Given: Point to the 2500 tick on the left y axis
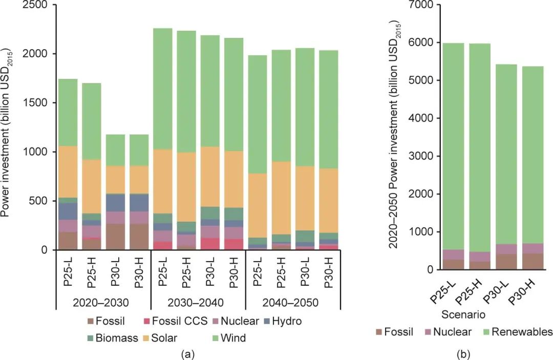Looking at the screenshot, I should point(36,5).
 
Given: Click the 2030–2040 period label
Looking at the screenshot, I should point(198,302).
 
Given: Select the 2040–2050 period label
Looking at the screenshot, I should point(292,302).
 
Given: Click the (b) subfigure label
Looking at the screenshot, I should point(463,354).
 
